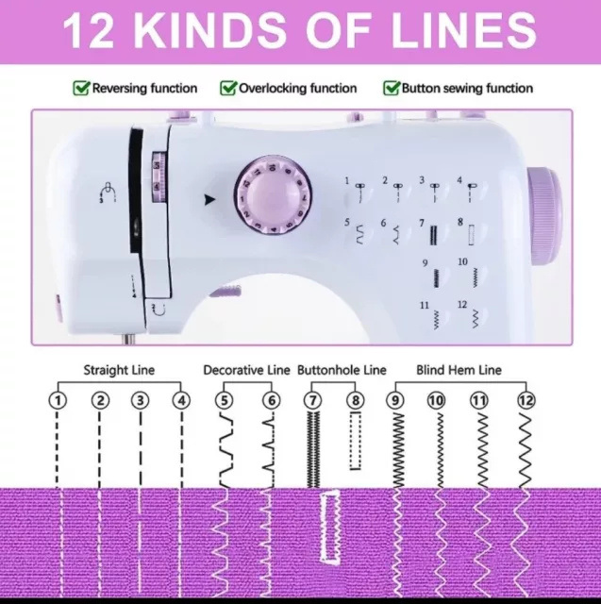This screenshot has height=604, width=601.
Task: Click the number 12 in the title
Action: [x=89, y=30]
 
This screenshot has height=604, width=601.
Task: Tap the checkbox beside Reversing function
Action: [x=81, y=88]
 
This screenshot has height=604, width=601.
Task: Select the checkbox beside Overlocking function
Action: [x=228, y=88]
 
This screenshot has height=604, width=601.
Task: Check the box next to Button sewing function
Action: [x=392, y=88]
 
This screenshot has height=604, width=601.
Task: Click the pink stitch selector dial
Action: [x=273, y=195]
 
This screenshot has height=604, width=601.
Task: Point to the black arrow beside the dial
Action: [x=209, y=199]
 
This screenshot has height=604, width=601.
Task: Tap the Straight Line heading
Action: [x=119, y=370]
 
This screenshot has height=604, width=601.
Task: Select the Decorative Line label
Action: [x=246, y=370]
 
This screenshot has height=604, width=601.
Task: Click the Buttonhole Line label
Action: [x=342, y=370]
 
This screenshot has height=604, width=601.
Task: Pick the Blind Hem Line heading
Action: [x=459, y=370]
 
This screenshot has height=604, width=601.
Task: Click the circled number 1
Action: [x=58, y=400]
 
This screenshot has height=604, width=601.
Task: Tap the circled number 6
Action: [x=272, y=400]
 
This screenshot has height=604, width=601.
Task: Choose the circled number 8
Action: [x=356, y=400]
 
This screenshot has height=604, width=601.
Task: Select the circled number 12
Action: [x=526, y=400]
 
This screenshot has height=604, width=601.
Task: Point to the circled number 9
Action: [x=395, y=400]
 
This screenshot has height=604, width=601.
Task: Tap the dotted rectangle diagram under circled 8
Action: [x=356, y=441]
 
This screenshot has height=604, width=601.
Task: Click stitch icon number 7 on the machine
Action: [x=433, y=235]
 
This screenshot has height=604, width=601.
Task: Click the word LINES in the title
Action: [x=463, y=30]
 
